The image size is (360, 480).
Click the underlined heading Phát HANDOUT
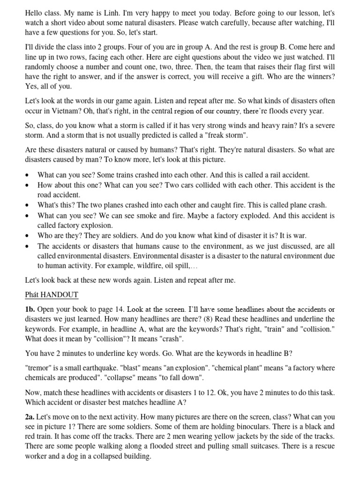(x=52, y=294)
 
